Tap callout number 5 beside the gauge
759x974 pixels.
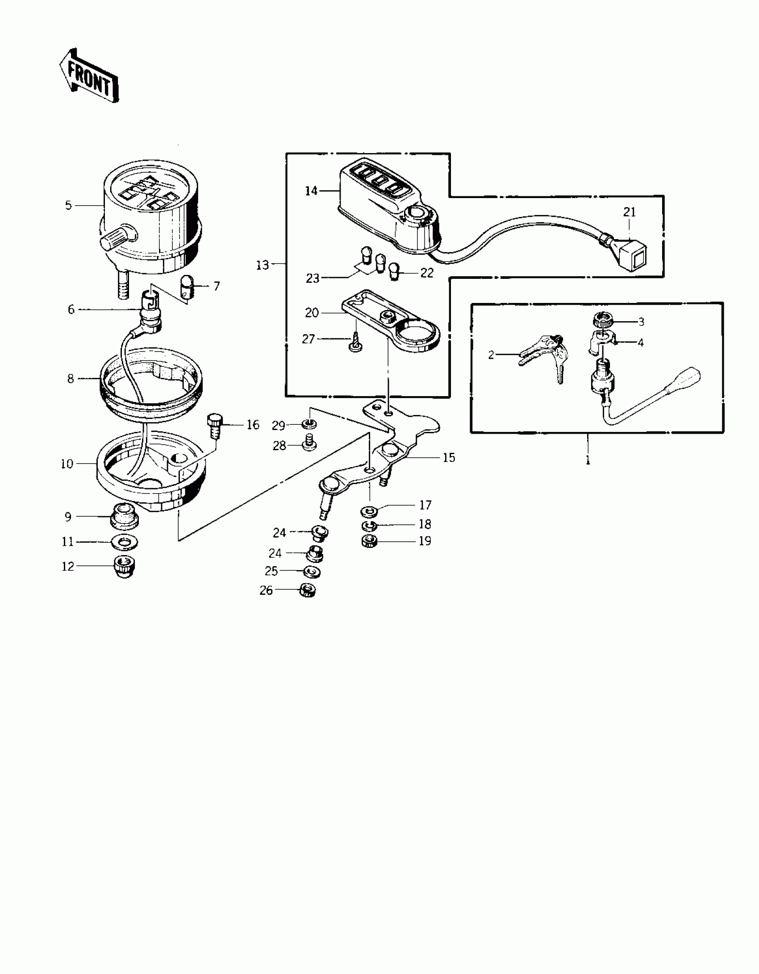(x=68, y=205)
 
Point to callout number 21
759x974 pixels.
(x=629, y=212)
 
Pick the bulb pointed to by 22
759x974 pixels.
(x=394, y=272)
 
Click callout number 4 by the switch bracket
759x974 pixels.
(x=641, y=343)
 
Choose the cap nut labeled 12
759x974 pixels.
(x=125, y=567)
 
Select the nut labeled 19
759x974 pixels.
(x=368, y=542)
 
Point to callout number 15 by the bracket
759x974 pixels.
(x=449, y=457)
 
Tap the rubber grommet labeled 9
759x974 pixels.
(x=124, y=518)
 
